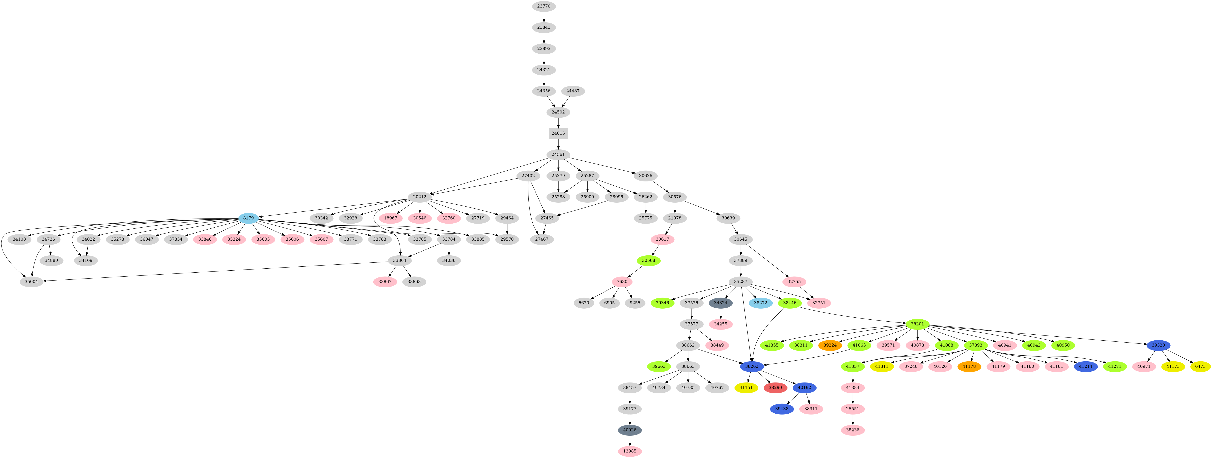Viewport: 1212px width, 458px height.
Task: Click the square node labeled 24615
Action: [558, 133]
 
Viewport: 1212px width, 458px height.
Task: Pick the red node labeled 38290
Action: [775, 387]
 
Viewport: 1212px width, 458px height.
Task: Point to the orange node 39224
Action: [830, 345]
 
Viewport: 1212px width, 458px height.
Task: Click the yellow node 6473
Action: [1200, 366]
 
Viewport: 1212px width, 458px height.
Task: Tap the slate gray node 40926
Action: [629, 430]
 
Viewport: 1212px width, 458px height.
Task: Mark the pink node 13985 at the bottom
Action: [629, 451]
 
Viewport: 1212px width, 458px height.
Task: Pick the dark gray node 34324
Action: [721, 303]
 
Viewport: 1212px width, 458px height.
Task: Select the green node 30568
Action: [648, 260]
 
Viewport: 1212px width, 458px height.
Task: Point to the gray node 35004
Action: [32, 281]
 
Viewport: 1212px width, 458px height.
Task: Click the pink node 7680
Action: [622, 281]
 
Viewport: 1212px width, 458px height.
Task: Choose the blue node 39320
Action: [1158, 345]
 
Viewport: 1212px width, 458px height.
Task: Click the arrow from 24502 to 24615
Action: [558, 122]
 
